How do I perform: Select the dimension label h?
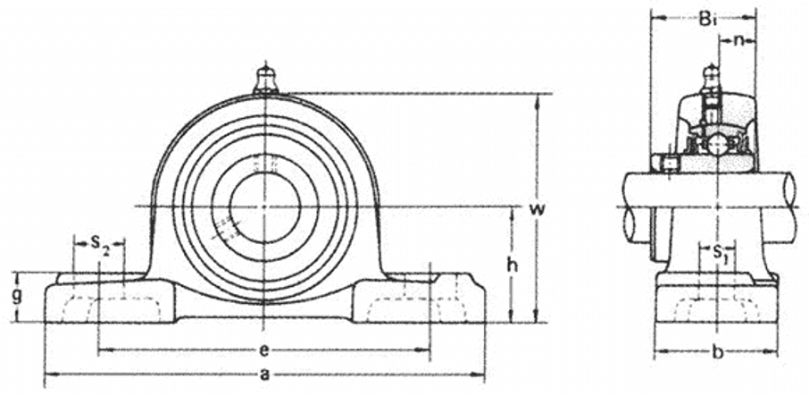512,265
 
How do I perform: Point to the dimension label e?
264,350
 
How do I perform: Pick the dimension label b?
716,351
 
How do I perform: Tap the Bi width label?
706,17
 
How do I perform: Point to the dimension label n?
740,40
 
